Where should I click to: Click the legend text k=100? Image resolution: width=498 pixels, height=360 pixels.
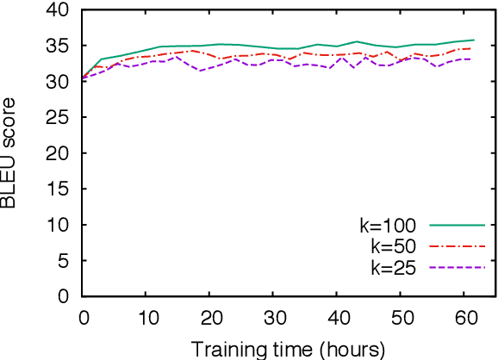pyautogui.click(x=388, y=227)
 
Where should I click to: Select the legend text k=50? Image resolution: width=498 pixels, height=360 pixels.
pyautogui.click(x=393, y=247)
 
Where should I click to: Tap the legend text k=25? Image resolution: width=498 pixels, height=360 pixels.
pyautogui.click(x=393, y=268)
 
